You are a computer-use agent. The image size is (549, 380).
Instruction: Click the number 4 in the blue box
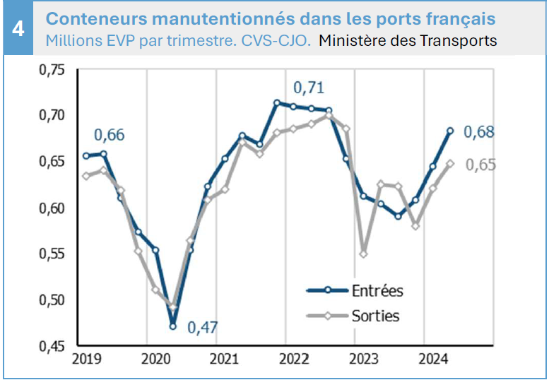tap(18, 29)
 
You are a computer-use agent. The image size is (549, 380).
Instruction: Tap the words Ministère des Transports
tap(408, 40)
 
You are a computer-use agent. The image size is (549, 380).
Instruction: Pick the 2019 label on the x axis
tap(87, 360)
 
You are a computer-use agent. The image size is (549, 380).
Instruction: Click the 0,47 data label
tap(203, 328)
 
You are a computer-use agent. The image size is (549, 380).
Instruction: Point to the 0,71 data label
tap(309, 88)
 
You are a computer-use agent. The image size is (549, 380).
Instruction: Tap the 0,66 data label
tap(110, 134)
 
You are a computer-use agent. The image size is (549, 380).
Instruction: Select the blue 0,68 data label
tap(479, 132)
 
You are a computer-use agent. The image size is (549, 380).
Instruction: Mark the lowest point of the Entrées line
tap(172, 326)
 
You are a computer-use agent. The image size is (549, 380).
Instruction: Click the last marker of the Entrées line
tap(450, 131)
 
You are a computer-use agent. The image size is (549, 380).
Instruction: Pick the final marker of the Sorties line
tap(450, 163)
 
